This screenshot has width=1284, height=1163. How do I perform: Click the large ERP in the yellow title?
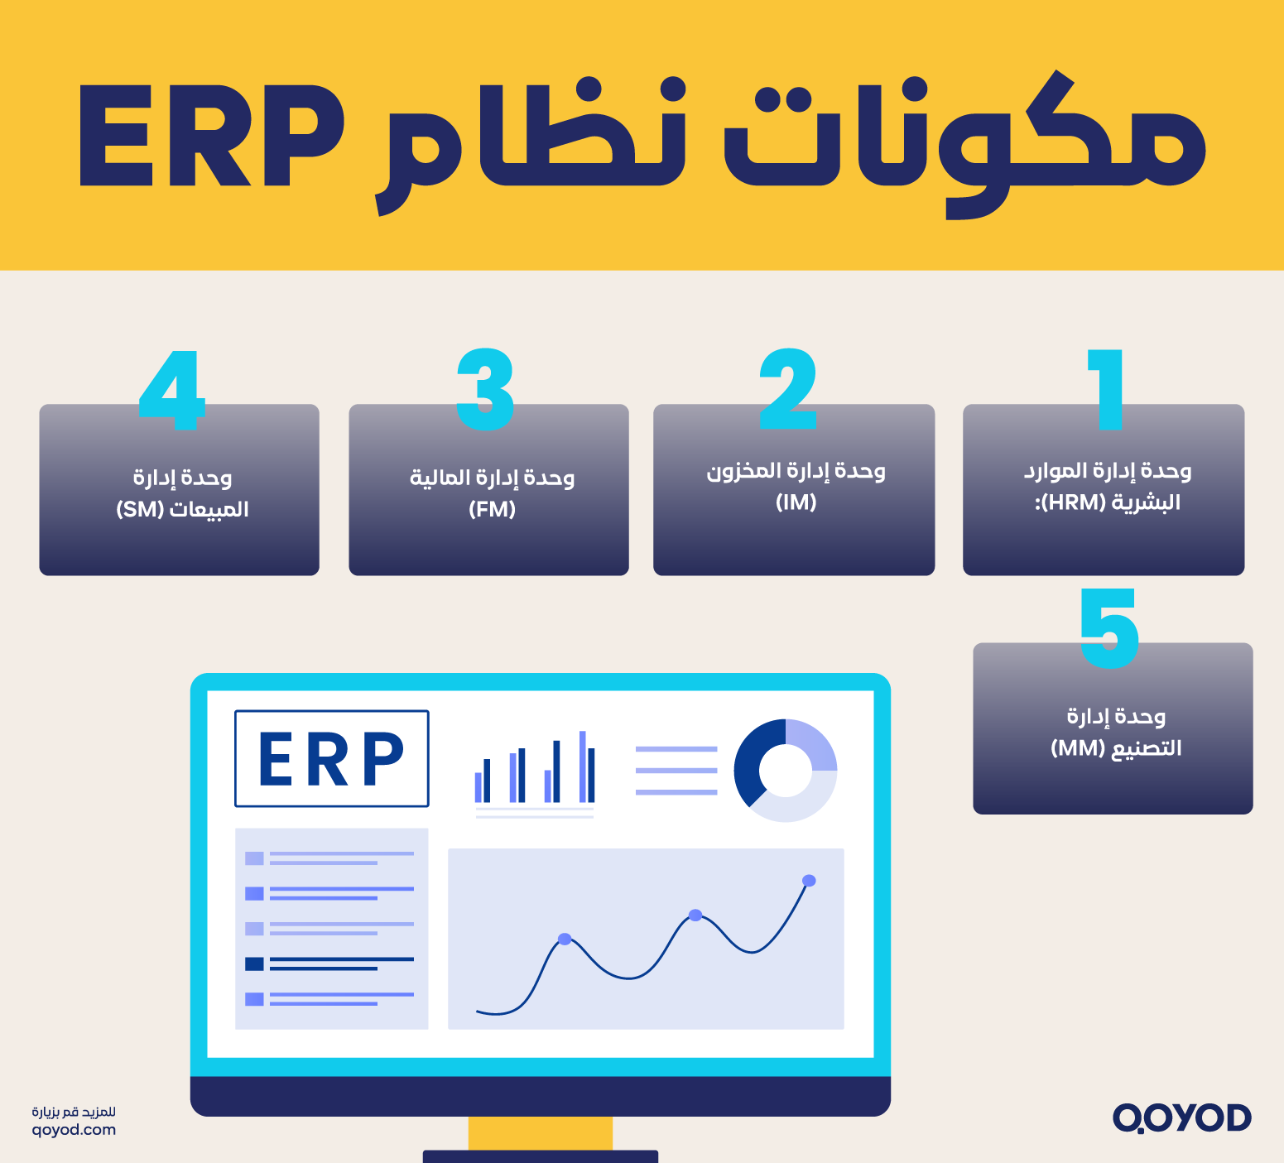pyautogui.click(x=211, y=137)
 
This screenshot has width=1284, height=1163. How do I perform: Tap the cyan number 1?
pyautogui.click(x=1107, y=389)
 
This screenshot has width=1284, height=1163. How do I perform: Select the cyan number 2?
pyautogui.click(x=788, y=389)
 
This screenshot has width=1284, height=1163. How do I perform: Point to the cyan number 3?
pyautogui.click(x=485, y=389)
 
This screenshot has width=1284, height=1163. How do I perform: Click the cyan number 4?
pyautogui.click(x=171, y=389)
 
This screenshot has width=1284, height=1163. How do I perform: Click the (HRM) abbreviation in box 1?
pyautogui.click(x=1074, y=502)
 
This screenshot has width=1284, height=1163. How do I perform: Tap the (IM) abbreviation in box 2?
pyautogui.click(x=796, y=502)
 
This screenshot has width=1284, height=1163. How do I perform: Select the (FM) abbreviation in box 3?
pyautogui.click(x=492, y=509)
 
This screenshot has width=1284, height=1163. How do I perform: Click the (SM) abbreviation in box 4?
pyautogui.click(x=140, y=509)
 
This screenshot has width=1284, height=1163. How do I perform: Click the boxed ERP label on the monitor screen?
pyautogui.click(x=331, y=758)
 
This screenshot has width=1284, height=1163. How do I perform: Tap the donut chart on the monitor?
pyautogui.click(x=785, y=771)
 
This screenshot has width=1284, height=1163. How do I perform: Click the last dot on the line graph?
pyautogui.click(x=809, y=881)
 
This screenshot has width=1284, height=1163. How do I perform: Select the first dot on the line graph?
pyautogui.click(x=565, y=939)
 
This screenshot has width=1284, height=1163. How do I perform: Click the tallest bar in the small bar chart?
pyautogui.click(x=583, y=767)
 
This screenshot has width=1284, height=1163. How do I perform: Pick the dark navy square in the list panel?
pyautogui.click(x=254, y=964)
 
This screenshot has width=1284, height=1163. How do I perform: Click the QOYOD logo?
pyautogui.click(x=1181, y=1117)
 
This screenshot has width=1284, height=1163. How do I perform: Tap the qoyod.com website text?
pyautogui.click(x=74, y=1130)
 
